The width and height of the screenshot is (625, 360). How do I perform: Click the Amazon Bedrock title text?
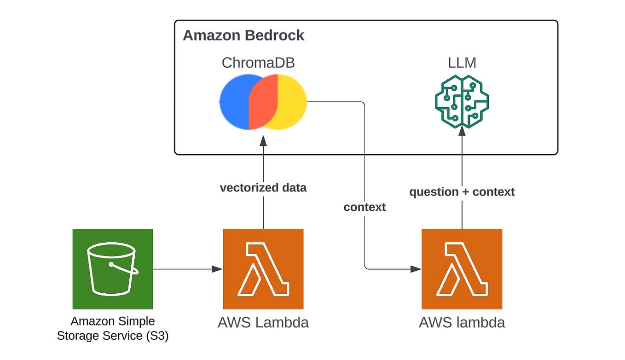coord(243,35)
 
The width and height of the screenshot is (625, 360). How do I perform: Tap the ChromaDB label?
coord(258,63)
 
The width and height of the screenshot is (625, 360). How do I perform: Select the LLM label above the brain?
coord(462,63)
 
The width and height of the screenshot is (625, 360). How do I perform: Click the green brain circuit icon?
coord(462,101)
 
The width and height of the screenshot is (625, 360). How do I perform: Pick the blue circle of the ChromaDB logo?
coord(235,102)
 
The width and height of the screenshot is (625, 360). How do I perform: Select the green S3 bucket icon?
coord(113,269)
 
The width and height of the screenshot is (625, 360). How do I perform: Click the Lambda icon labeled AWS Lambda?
coord(263,269)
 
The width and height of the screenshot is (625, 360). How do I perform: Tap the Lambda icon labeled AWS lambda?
coord(462,269)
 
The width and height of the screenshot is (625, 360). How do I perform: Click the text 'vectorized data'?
coord(263,188)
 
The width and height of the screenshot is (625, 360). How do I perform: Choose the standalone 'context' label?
coord(365,207)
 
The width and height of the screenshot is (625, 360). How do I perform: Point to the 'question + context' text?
coord(462,192)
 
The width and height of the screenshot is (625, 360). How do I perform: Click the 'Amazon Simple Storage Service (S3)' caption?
coord(113,329)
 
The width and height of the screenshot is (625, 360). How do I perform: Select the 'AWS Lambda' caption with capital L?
coord(263,323)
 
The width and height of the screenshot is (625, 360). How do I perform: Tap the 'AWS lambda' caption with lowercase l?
coord(462,323)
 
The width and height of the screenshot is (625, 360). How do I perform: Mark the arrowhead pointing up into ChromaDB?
coord(263,140)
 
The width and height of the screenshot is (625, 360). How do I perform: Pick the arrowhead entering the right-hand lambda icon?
coord(416,269)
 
